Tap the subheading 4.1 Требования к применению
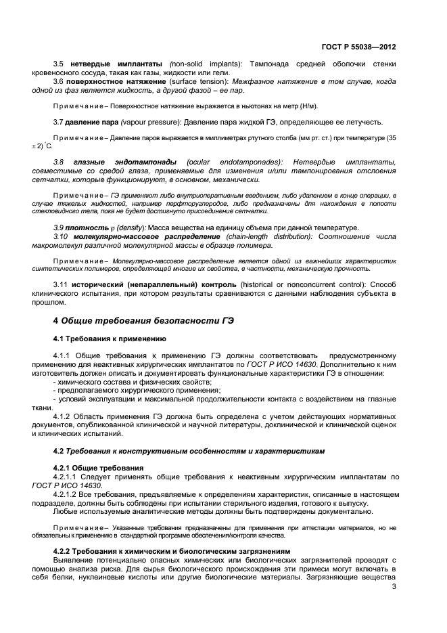point(109,338)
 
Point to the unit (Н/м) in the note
point(308,106)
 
